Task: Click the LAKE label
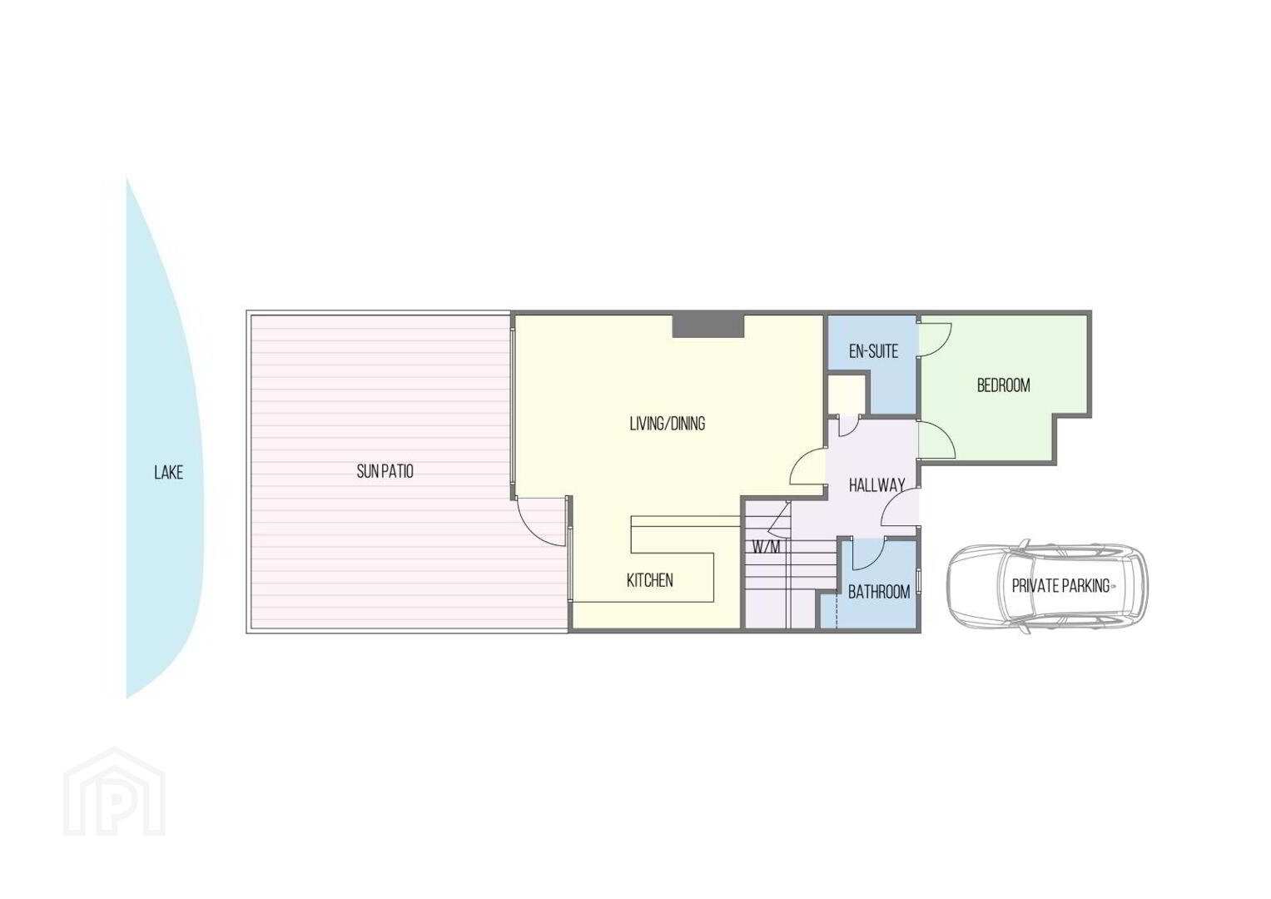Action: point(168,473)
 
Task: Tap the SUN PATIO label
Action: point(385,471)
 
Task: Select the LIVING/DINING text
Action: point(668,424)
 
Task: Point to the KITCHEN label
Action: point(650,580)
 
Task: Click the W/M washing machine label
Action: point(766,548)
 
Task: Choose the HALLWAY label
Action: point(876,485)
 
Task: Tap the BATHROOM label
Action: point(879,592)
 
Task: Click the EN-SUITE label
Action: point(873,351)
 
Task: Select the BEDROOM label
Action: point(1003,385)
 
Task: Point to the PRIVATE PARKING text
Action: point(1060,586)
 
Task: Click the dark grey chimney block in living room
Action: point(707,325)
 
